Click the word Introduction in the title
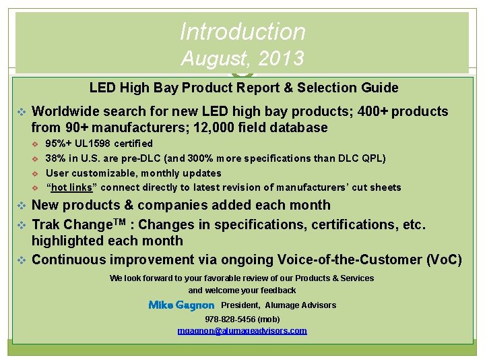coord(243,31)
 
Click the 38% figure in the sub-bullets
coord(55,158)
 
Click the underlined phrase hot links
coord(71,187)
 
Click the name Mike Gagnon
coord(181,305)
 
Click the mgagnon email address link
coord(242,331)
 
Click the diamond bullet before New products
coord(21,206)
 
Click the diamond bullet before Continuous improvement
coord(21,260)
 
